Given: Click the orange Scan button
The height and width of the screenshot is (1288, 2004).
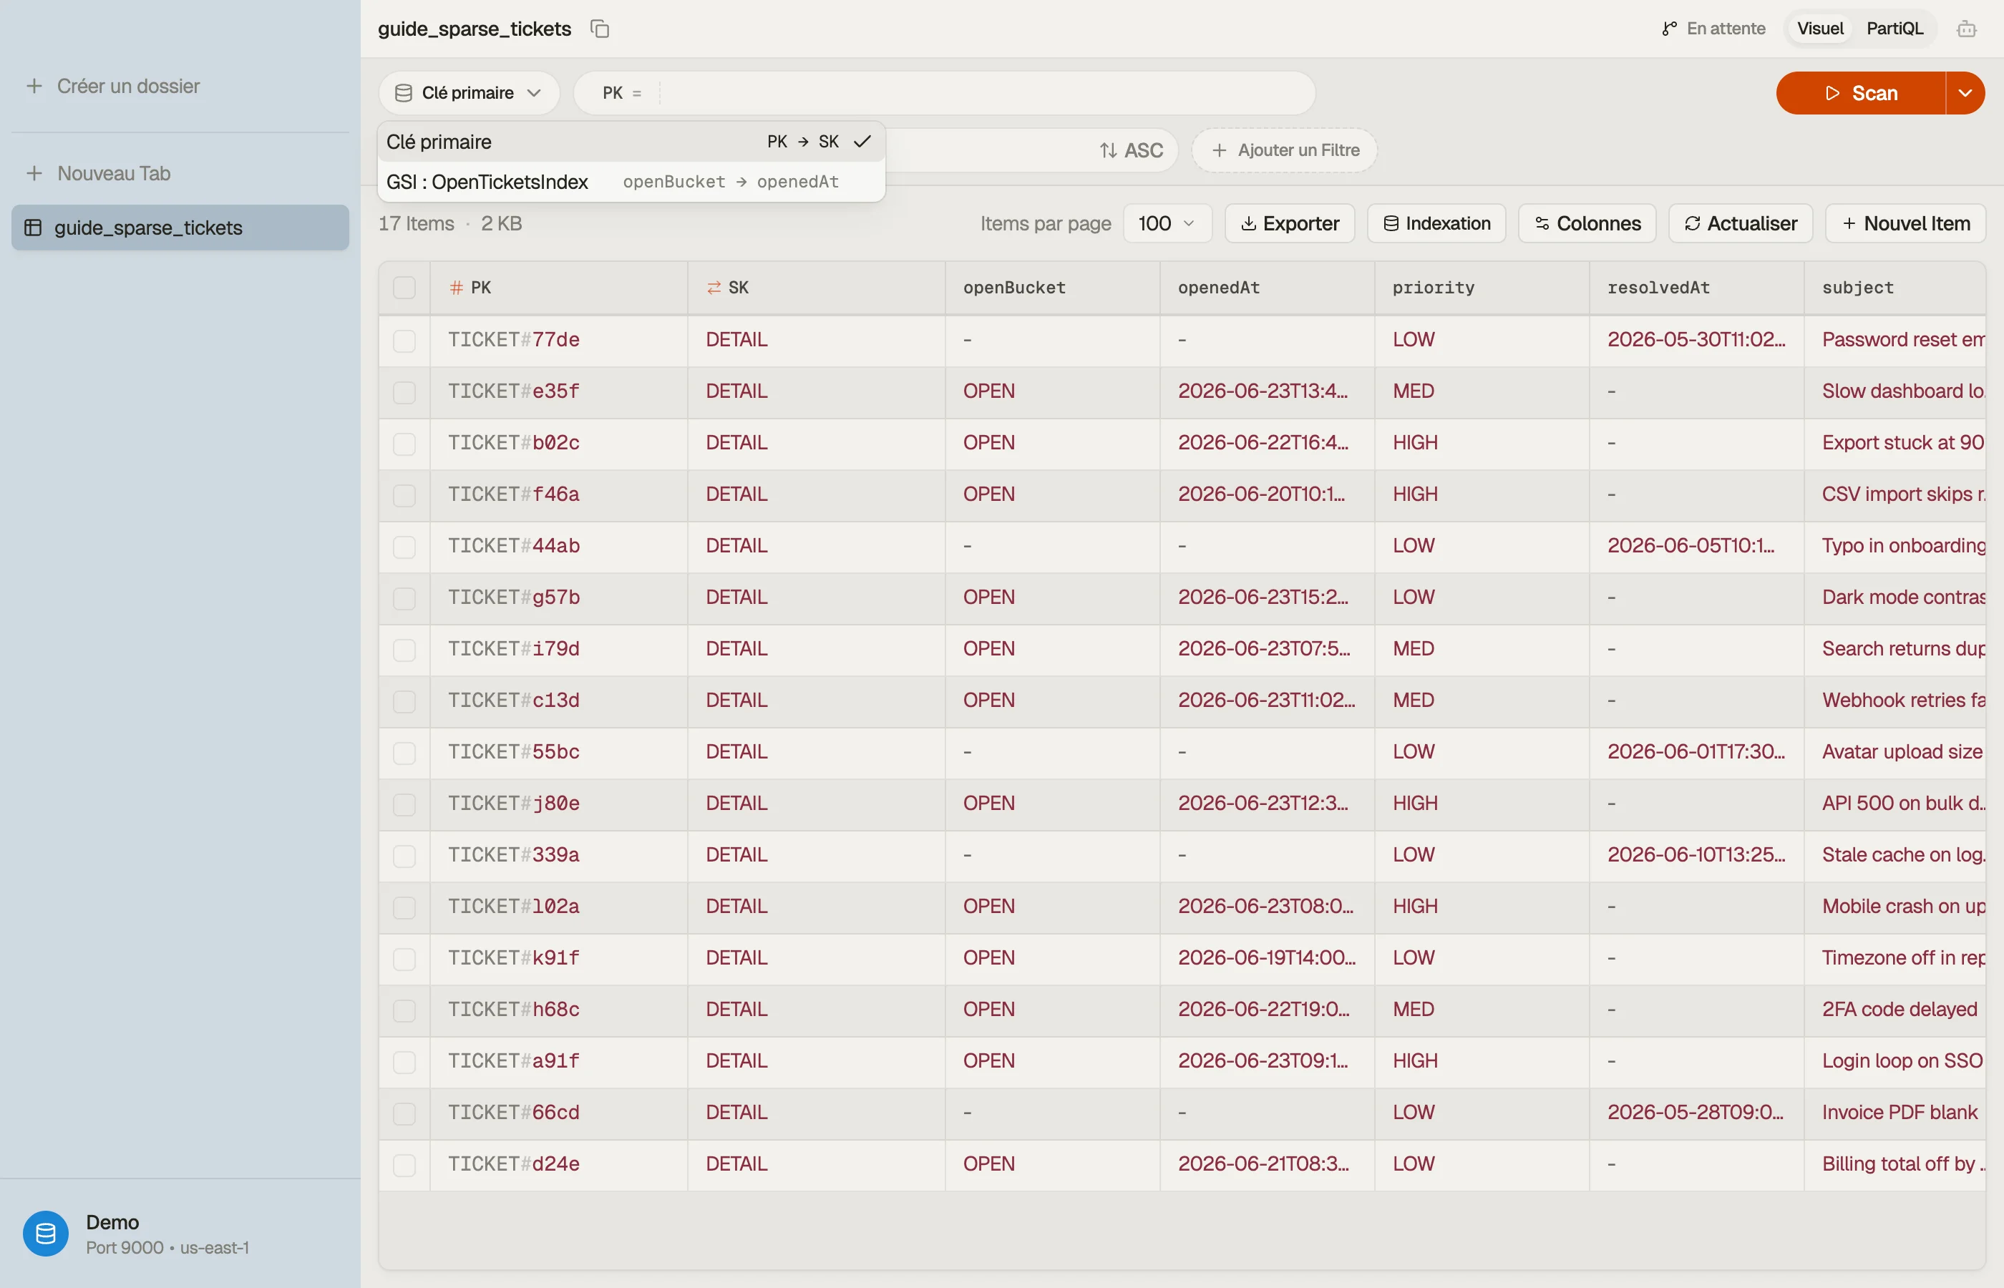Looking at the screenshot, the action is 1860,93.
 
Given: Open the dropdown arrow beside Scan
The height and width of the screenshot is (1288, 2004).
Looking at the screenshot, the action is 1965,93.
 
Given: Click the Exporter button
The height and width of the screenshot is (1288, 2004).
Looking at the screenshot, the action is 1290,223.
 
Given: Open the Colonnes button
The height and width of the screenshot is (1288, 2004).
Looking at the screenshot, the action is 1587,223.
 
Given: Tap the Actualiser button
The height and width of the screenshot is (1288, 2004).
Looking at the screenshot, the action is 1741,223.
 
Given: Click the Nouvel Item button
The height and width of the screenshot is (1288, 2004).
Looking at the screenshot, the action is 1905,223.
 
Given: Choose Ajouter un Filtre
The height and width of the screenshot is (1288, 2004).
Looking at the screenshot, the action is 1285,150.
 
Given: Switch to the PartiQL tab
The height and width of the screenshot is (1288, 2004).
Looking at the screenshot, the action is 1894,29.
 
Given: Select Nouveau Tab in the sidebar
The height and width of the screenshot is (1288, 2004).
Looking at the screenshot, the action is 99,173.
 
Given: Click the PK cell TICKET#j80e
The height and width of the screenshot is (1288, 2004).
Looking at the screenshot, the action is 514,803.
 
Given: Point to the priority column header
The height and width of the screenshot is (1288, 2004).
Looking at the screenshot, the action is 1434,288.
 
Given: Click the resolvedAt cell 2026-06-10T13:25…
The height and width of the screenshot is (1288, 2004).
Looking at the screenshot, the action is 1696,855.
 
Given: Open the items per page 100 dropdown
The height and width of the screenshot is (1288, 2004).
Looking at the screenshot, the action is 1167,223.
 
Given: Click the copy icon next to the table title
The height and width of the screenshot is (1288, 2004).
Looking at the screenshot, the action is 600,29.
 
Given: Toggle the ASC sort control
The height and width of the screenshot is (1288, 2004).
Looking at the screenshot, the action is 1132,150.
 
